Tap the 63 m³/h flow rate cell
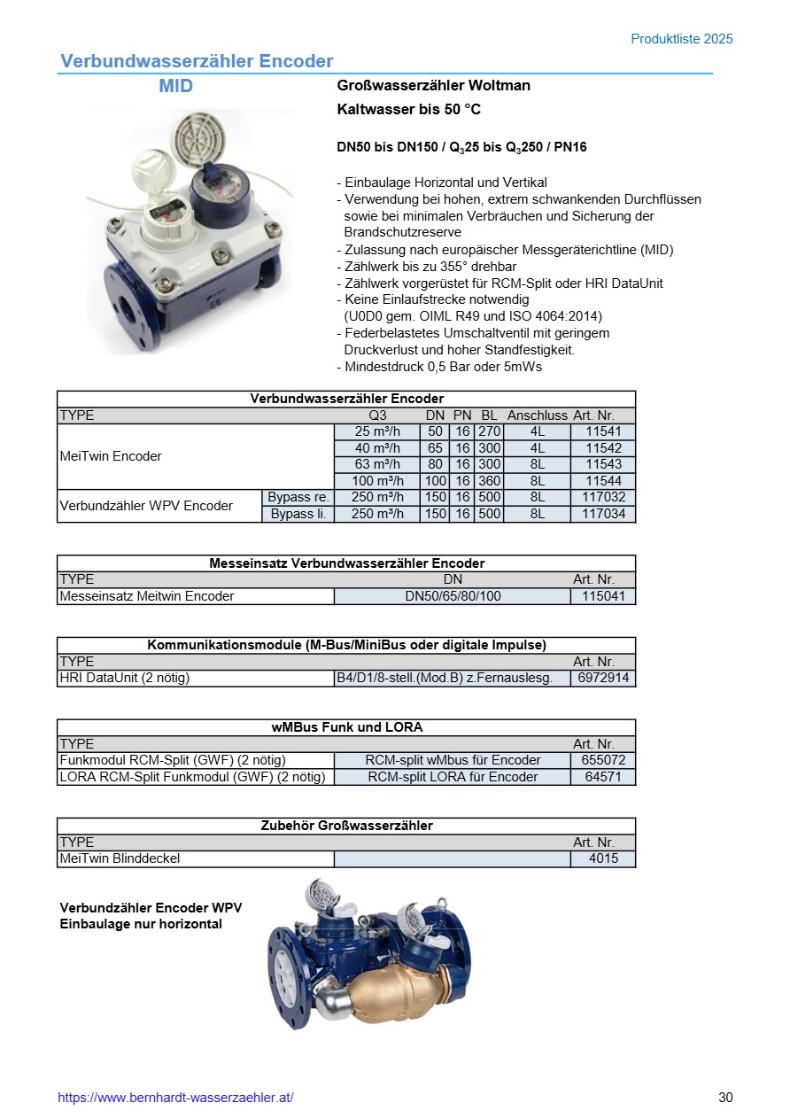pos(377,464)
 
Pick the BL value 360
pos(489,481)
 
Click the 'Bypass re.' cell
pos(298,497)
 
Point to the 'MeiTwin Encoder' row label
pos(111,456)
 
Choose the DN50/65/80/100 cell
pos(453,596)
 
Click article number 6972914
pos(603,679)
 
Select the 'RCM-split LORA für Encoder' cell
pos(453,777)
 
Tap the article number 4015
pos(603,858)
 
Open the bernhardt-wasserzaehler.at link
pos(175,1098)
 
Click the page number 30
pos(725,1098)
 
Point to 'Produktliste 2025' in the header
pos(681,39)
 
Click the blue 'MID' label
pos(175,86)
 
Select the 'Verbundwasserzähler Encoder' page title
pos(197,61)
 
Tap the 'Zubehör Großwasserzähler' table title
pos(346,826)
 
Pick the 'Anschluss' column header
pos(537,415)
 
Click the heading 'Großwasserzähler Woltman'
pos(434,86)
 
